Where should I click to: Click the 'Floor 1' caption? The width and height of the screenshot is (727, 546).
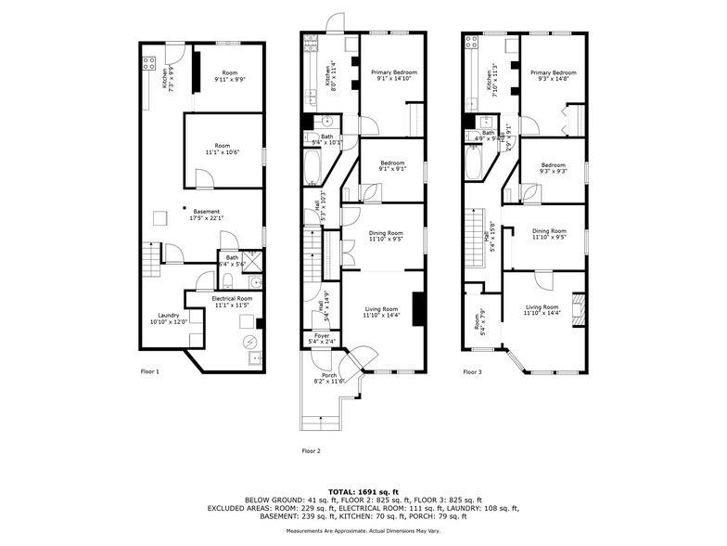[x=150, y=371]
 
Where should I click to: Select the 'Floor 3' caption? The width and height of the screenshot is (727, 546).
[x=473, y=371]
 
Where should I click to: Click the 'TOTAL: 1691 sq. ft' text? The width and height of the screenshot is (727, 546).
[x=363, y=491]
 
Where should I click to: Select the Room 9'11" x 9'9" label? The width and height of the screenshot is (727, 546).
[x=223, y=76]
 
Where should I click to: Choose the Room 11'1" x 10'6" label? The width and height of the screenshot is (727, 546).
[x=222, y=149]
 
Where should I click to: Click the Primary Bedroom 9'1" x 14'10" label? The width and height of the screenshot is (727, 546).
[x=393, y=75]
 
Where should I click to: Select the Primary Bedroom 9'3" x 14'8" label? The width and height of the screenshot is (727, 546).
[x=554, y=75]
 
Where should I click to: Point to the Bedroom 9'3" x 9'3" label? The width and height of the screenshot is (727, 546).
[x=554, y=168]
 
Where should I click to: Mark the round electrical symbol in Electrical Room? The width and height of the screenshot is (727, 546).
[x=249, y=341]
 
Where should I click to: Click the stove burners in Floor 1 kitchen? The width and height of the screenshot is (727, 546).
[x=147, y=63]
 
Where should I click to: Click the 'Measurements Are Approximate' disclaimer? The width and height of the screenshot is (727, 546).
[x=363, y=530]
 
